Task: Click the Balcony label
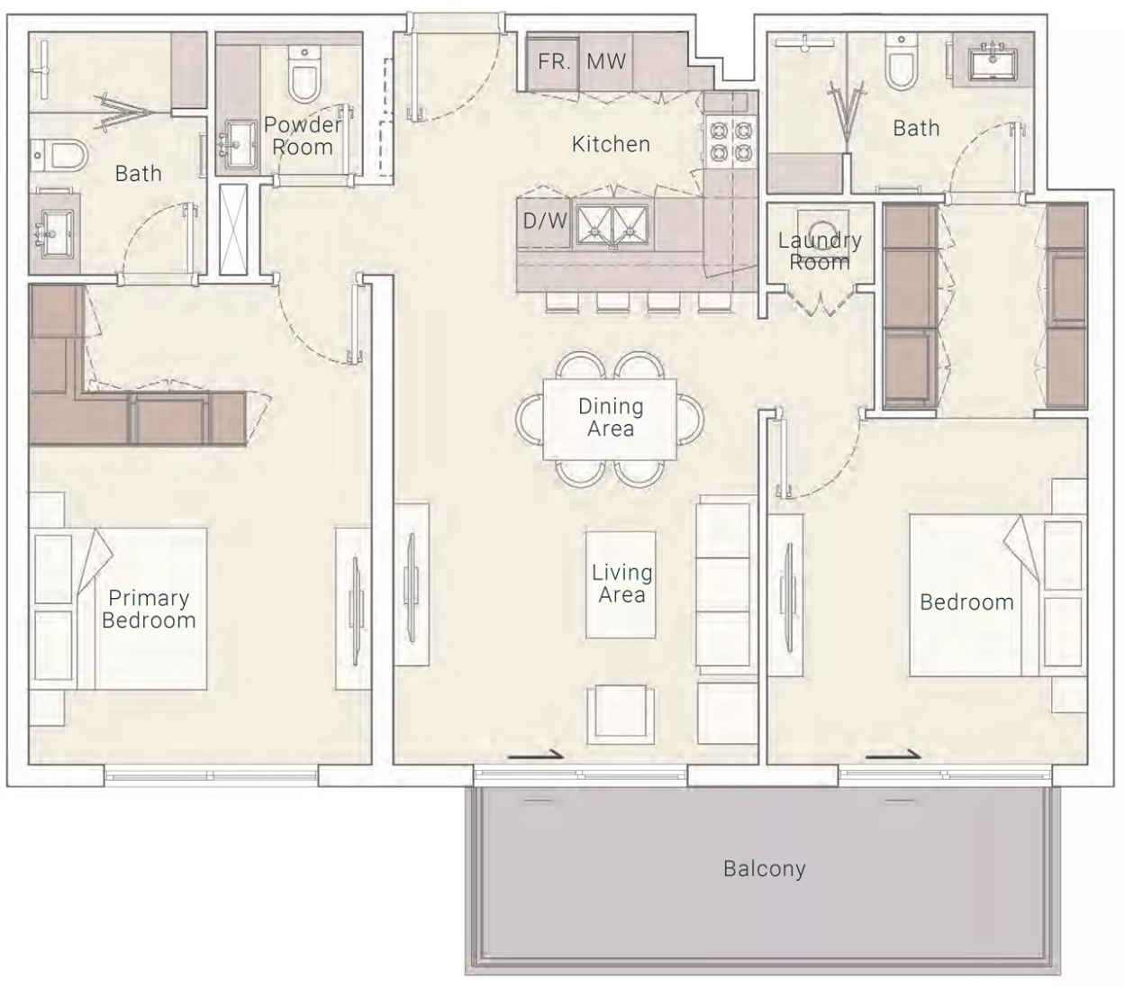pyautogui.click(x=764, y=869)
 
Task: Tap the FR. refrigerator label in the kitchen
pyautogui.click(x=554, y=61)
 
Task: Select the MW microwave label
pyautogui.click(x=606, y=61)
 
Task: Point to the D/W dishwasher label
pyautogui.click(x=545, y=221)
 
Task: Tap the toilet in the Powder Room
pyautogui.click(x=304, y=74)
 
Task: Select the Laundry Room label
pyautogui.click(x=820, y=251)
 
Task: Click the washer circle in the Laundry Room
pyautogui.click(x=821, y=232)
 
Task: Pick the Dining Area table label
pyautogui.click(x=611, y=418)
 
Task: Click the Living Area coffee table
pyautogui.click(x=621, y=584)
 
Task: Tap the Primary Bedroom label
pyautogui.click(x=149, y=609)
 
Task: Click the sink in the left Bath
pyautogui.click(x=55, y=233)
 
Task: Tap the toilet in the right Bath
pyautogui.click(x=900, y=62)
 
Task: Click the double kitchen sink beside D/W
pyautogui.click(x=612, y=225)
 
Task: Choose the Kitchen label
pyautogui.click(x=611, y=144)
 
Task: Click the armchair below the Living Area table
pyautogui.click(x=621, y=714)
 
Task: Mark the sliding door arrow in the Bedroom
pyautogui.click(x=893, y=754)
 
